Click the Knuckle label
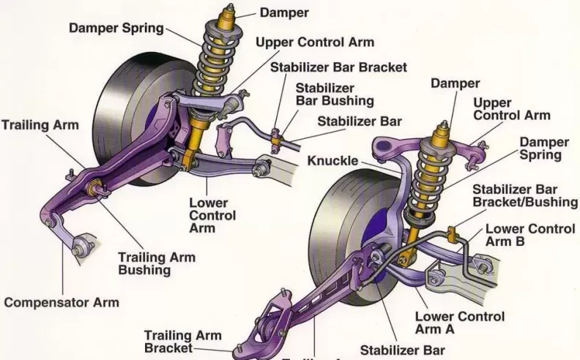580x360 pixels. point(333,160)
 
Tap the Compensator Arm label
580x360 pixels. point(61,301)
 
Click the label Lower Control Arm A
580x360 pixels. point(459,323)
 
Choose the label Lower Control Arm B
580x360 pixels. point(524,235)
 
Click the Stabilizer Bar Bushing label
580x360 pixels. point(334,94)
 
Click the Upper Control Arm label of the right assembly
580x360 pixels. point(511,109)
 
